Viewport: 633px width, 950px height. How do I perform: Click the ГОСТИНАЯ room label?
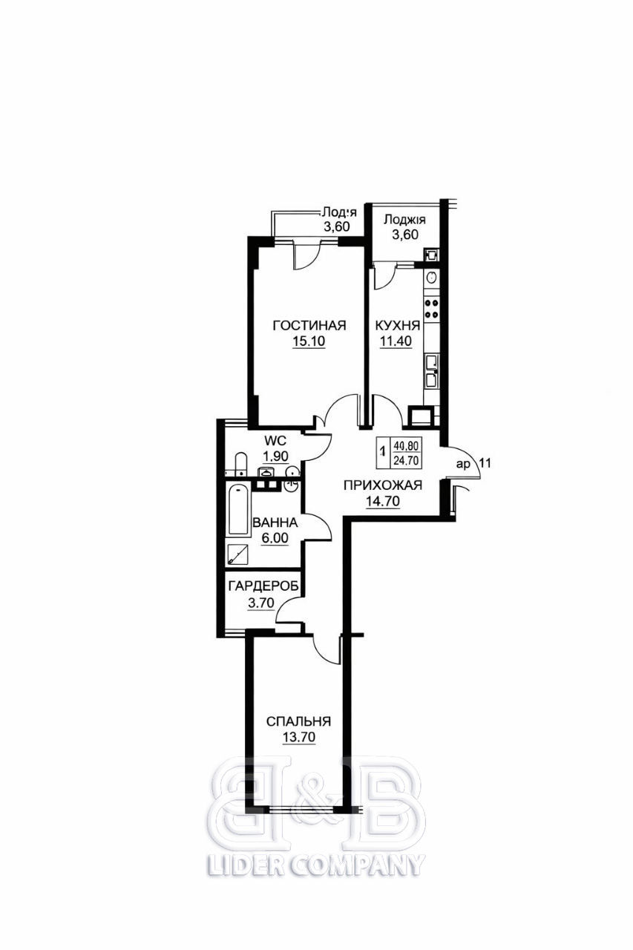coord(309,325)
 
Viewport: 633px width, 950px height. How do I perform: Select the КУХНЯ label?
coord(398,325)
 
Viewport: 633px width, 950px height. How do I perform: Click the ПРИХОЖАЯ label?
coord(383,485)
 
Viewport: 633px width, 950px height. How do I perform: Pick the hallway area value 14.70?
coord(383,501)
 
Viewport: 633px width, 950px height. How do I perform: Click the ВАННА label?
coord(275,522)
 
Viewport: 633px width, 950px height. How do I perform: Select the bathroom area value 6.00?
coord(275,538)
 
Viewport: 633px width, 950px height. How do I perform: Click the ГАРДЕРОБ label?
coord(263,586)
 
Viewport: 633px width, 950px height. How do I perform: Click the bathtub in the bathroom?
coord(238,510)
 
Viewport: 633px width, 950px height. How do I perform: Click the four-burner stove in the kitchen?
coord(432,309)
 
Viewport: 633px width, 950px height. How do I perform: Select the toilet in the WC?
coord(240,465)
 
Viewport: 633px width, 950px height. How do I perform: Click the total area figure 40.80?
coord(406,446)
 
